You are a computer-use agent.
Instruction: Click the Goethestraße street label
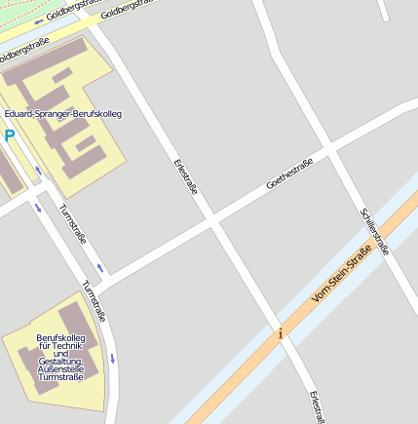289,173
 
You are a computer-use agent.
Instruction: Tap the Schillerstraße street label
374,232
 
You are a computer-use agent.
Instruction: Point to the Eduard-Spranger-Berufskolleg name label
63,114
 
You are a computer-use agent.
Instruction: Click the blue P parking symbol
10,136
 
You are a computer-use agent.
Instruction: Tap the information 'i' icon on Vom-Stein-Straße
281,333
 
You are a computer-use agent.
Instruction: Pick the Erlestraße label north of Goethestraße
185,176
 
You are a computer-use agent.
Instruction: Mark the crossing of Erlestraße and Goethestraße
211,221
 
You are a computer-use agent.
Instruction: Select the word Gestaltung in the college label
60,361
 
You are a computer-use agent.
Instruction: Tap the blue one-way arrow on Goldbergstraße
39,20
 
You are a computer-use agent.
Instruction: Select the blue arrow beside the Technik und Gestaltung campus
112,358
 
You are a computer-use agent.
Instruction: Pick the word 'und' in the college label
61,353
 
